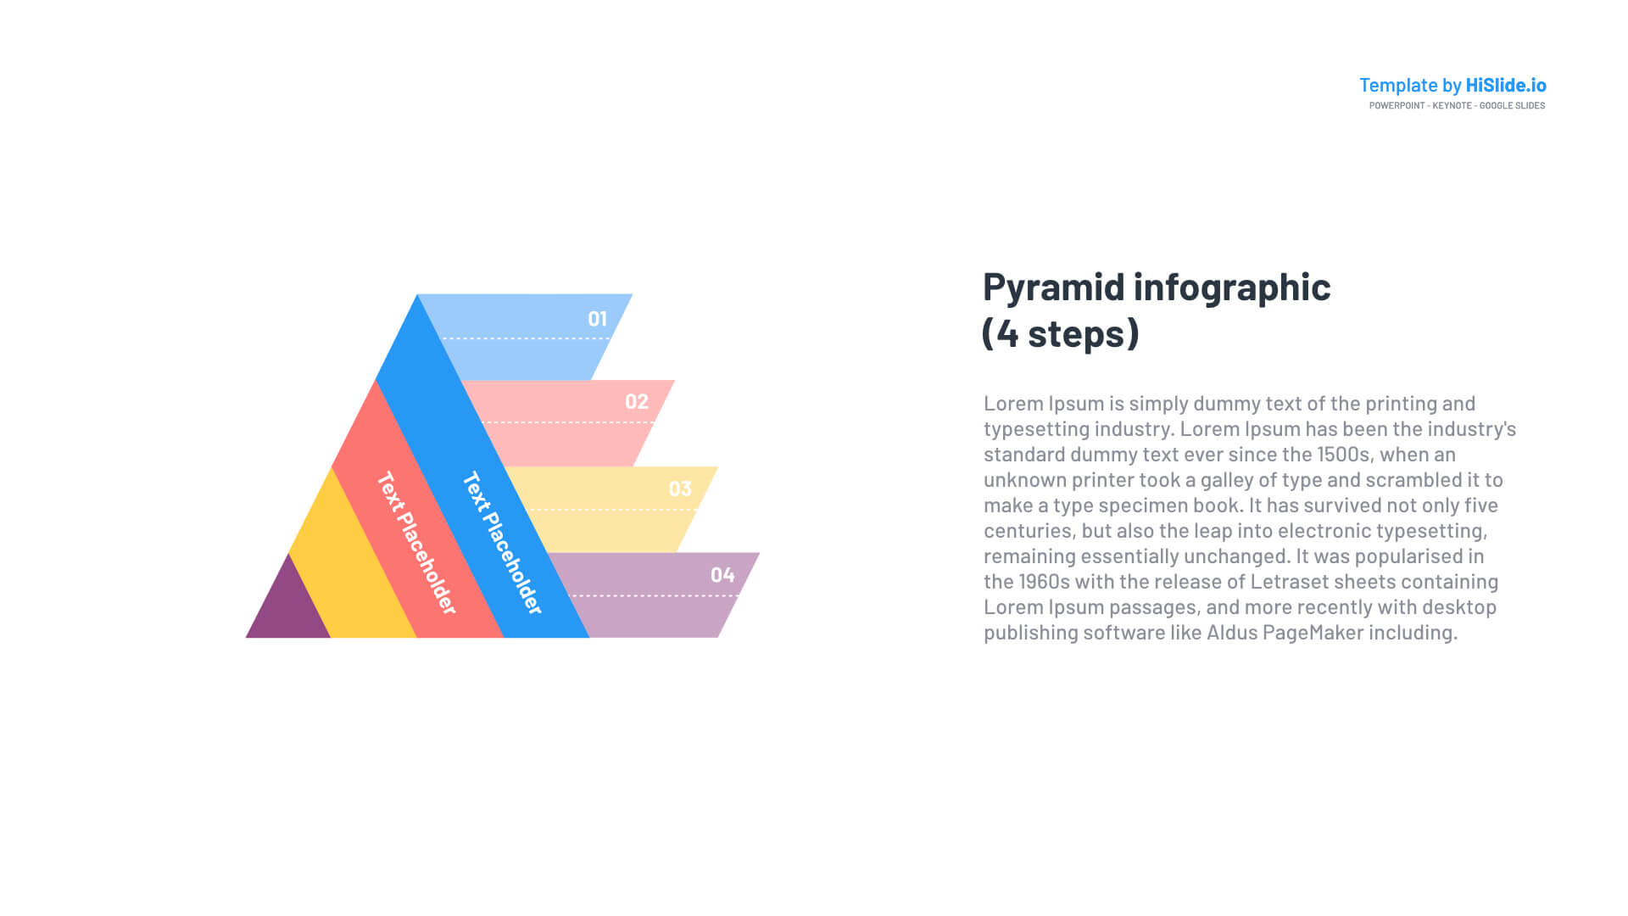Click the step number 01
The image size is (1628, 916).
[598, 319]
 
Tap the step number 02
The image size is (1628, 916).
[637, 402]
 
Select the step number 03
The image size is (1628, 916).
[680, 489]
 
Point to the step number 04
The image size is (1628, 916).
[722, 575]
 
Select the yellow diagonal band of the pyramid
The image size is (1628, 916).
[353, 560]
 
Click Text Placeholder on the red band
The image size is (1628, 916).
[416, 543]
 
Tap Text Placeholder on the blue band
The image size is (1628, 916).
[502, 543]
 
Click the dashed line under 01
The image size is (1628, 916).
[526, 338]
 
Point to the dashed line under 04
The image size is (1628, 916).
[654, 595]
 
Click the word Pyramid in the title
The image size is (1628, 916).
[1054, 288]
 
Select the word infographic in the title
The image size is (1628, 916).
[1232, 288]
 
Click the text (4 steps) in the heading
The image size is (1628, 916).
[1061, 333]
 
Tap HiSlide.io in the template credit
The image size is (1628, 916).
[1506, 85]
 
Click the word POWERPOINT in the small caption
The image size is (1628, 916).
[1397, 105]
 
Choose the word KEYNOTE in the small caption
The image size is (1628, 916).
[1452, 105]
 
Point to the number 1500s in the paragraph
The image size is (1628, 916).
[1342, 455]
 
